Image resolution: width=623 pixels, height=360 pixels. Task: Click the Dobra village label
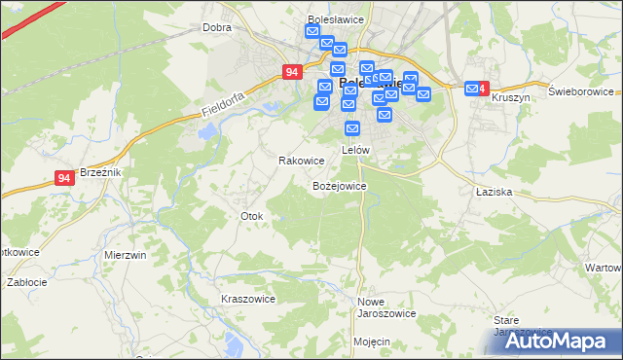(216, 28)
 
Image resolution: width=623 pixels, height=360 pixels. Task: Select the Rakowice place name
(301, 161)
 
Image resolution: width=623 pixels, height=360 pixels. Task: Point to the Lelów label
(355, 151)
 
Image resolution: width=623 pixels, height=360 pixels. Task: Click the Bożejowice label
(339, 185)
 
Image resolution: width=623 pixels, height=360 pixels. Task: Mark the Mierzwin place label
(125, 255)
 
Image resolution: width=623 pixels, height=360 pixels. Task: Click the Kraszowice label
(248, 299)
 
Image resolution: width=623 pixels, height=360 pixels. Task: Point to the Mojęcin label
(372, 342)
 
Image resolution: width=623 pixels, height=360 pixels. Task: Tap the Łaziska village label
(494, 193)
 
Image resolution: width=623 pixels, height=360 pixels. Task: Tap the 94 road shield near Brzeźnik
(64, 178)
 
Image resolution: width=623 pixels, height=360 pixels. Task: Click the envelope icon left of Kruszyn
(473, 90)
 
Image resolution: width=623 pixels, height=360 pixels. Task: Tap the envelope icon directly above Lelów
(353, 127)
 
